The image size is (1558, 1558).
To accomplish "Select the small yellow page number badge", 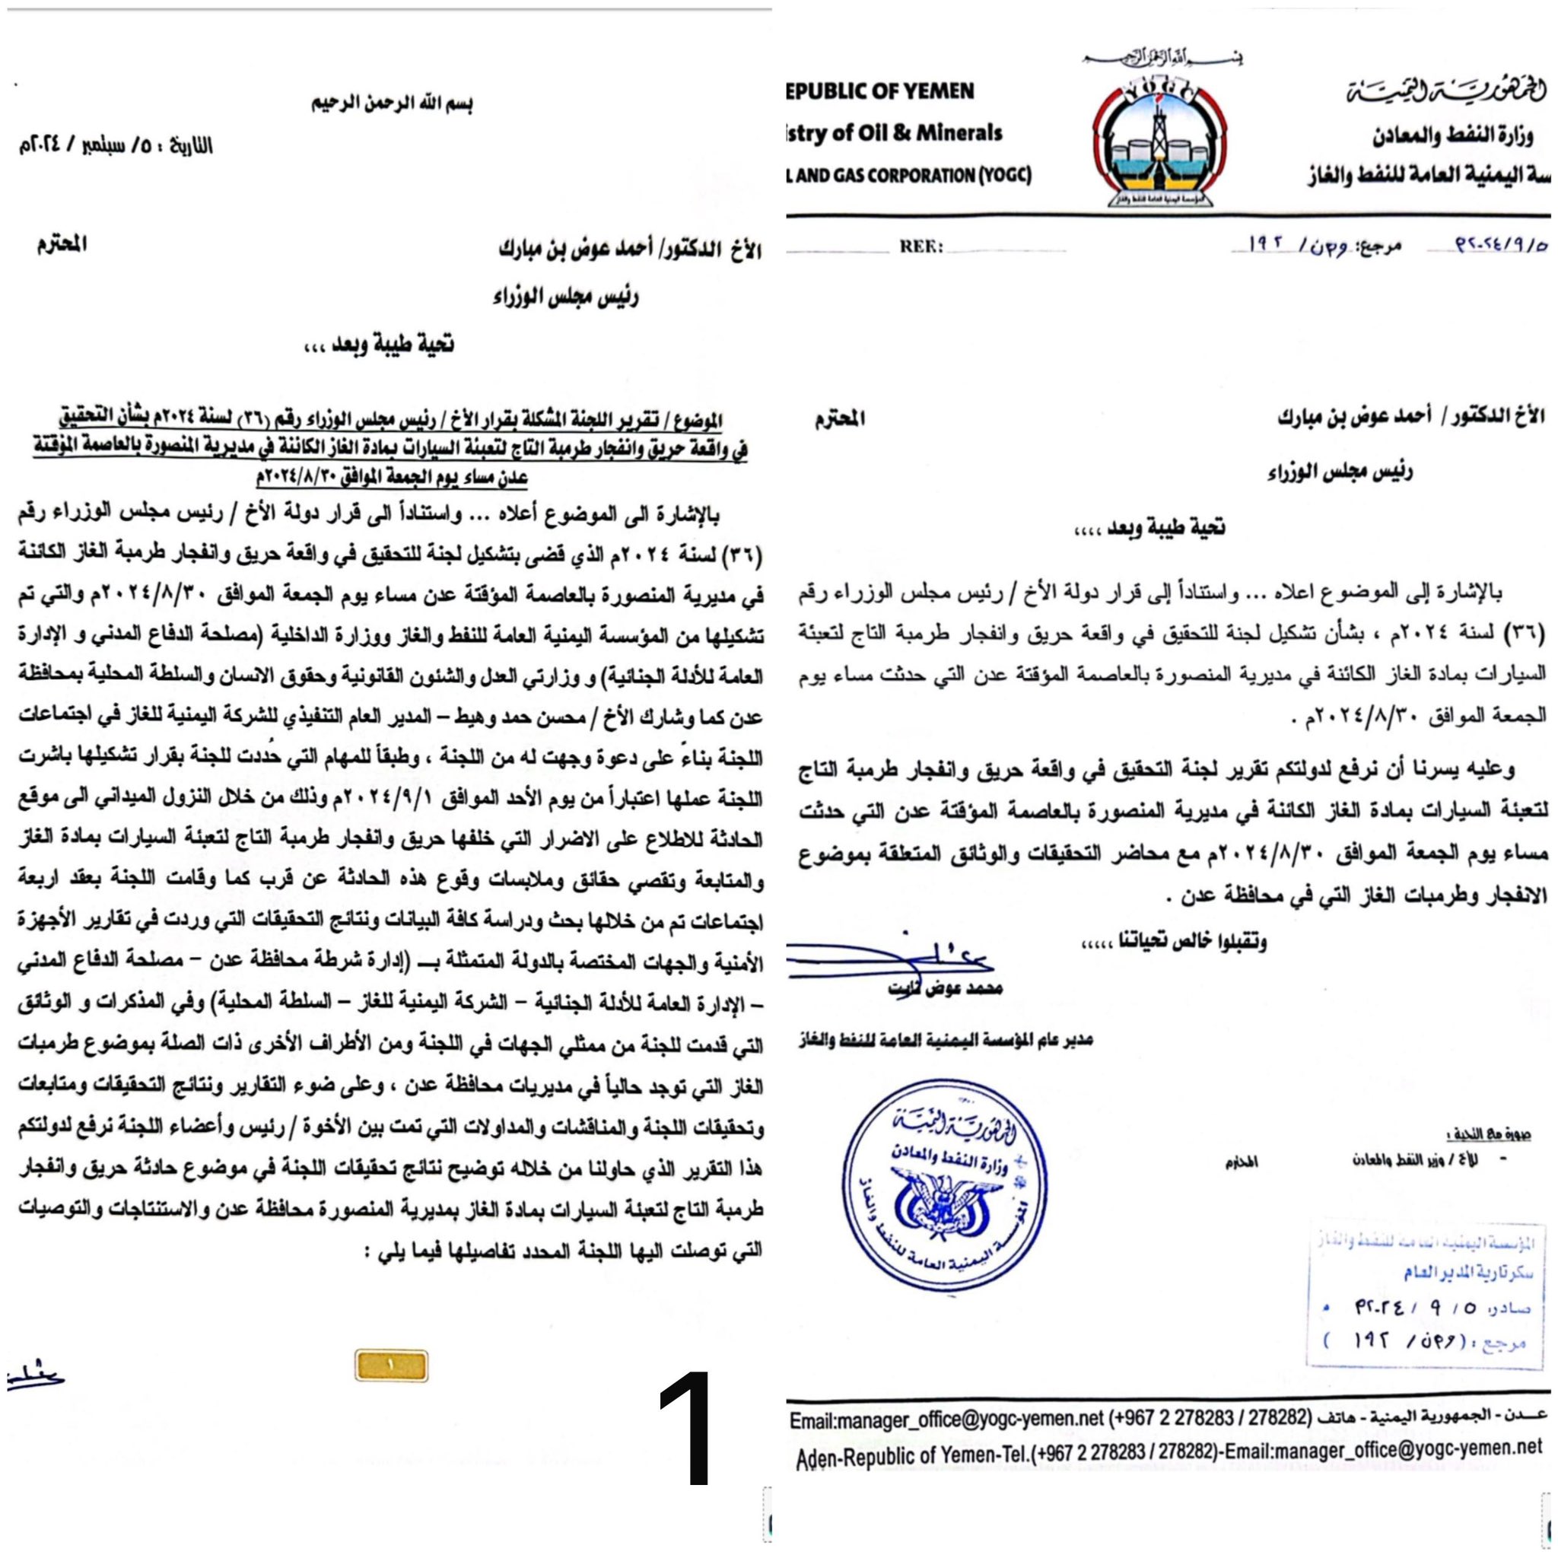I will coord(391,1366).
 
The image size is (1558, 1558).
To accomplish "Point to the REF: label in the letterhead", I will coord(921,246).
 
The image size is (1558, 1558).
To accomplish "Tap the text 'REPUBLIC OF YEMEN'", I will coord(880,91).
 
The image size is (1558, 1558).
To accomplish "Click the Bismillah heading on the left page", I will coord(392,104).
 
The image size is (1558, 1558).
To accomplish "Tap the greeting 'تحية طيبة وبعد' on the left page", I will coord(378,345).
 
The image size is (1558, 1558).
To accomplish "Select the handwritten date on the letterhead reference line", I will coord(1489,245).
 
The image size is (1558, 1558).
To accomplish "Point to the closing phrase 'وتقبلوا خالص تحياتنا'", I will coord(1173,941).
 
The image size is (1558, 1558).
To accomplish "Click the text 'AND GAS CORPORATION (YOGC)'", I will coord(909,175).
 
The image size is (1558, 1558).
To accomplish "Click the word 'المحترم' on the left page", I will coord(62,244).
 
